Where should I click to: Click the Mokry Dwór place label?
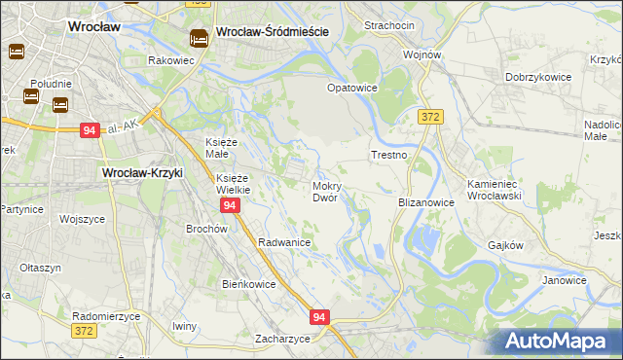tap(325, 191)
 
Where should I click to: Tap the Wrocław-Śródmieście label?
tap(272, 31)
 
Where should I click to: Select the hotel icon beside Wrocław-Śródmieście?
tap(199, 38)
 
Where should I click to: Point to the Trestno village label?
tap(388, 155)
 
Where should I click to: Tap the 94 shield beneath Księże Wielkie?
tap(230, 206)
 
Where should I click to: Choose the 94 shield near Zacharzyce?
tap(320, 316)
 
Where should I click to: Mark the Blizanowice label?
tap(427, 202)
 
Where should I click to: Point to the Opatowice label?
tap(351, 88)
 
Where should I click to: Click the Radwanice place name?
tap(283, 242)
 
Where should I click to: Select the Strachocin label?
tap(389, 24)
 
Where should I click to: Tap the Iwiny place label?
tap(184, 325)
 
